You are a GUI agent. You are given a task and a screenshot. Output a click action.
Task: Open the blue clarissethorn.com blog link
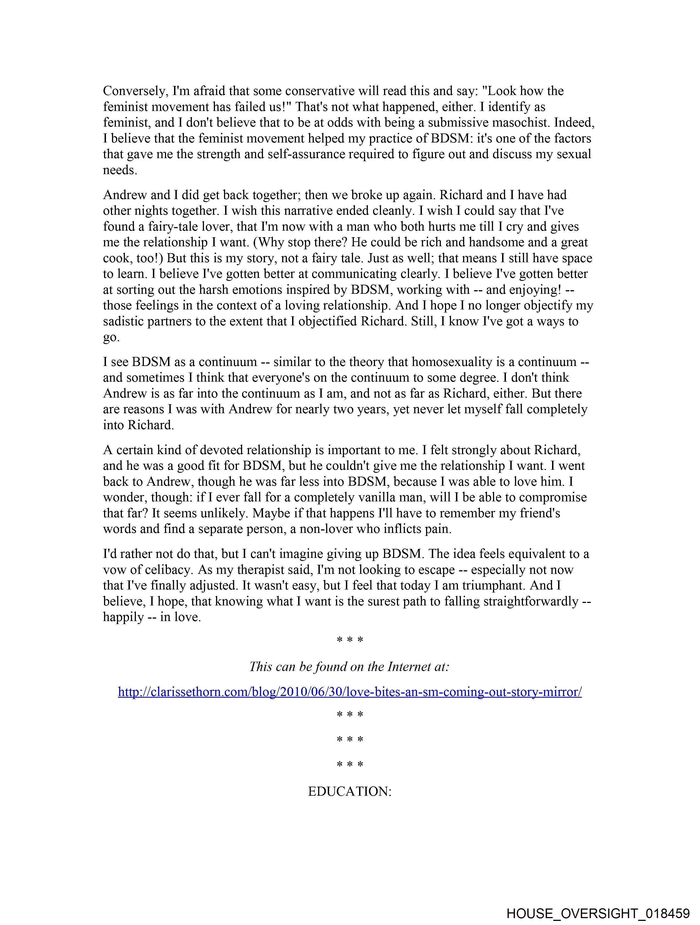point(349,692)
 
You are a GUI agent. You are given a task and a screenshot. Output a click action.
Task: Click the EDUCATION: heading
point(349,792)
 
